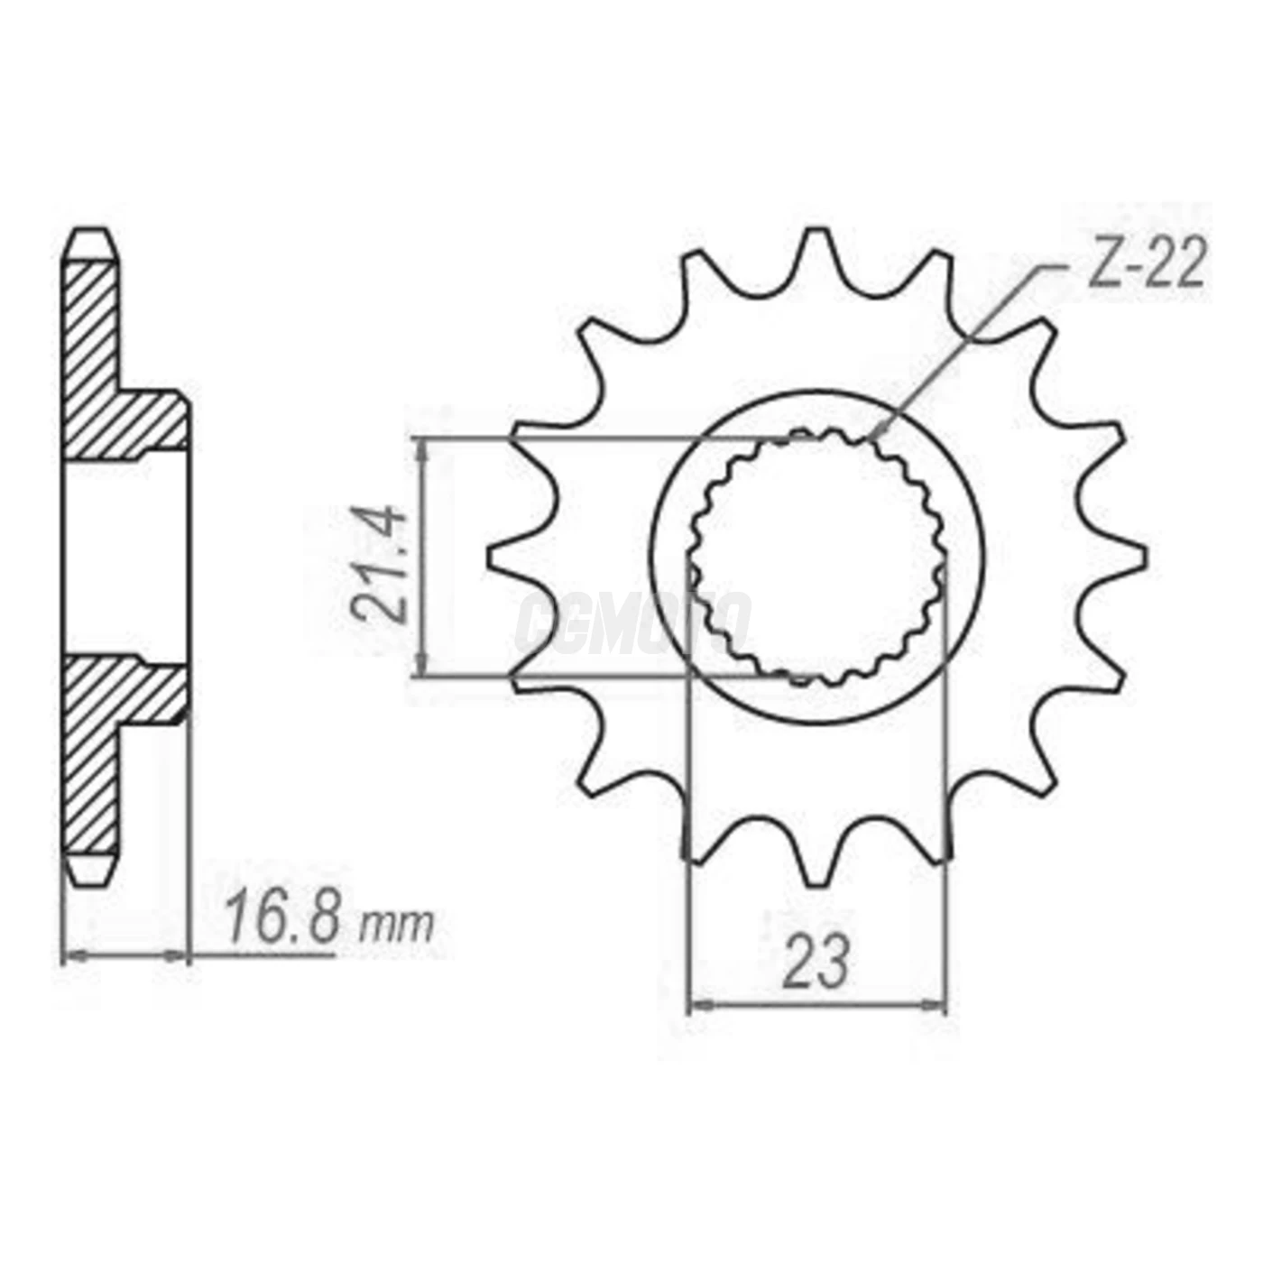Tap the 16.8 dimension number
pos(282,918)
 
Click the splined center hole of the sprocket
pos(817,555)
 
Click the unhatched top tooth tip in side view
pos(92,244)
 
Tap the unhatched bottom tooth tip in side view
pos(92,868)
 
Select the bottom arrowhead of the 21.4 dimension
pos(421,668)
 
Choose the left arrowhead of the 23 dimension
pos(699,1004)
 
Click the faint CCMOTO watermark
pos(631,622)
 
